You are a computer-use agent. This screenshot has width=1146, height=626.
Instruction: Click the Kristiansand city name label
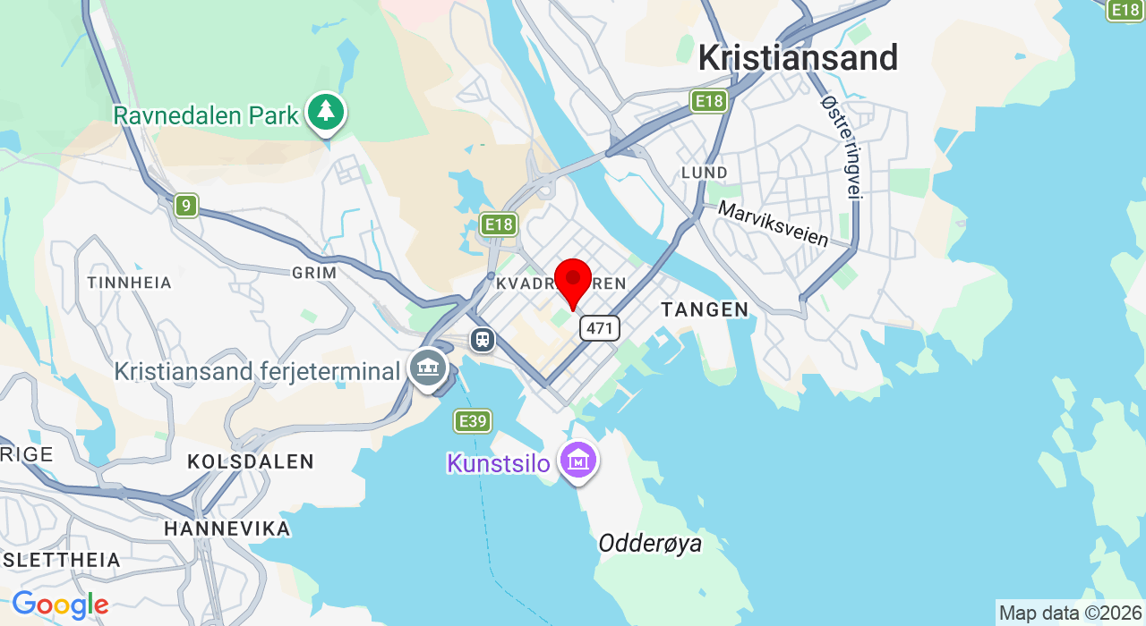pos(798,58)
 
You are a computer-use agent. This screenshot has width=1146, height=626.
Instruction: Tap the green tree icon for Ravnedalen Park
pos(326,113)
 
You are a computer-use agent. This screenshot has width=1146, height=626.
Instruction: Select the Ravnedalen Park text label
pos(206,115)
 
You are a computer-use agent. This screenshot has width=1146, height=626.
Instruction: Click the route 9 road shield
pos(186,206)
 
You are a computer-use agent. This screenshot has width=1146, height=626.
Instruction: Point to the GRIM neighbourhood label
pos(314,273)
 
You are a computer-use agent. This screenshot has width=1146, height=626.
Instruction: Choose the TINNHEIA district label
pos(130,283)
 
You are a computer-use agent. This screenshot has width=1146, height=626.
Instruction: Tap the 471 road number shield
pos(599,328)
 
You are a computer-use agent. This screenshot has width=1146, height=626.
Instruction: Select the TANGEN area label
pos(705,310)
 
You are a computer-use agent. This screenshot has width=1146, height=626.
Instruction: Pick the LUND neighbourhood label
pos(704,172)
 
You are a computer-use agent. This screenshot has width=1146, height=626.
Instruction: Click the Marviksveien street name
pos(774,224)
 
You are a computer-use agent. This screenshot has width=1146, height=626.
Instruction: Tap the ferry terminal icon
pos(428,367)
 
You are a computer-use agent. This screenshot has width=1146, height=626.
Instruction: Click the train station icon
pos(483,340)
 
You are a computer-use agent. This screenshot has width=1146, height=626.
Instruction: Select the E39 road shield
pos(473,421)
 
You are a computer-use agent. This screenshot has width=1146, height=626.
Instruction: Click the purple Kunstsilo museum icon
pos(577,461)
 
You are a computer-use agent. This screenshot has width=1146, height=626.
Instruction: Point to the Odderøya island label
pos(650,544)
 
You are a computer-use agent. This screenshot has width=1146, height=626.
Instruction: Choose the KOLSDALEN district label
pos(251,462)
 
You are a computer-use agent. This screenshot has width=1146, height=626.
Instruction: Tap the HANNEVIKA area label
pos(227,529)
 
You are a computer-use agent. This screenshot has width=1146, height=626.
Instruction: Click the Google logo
pos(60,605)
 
